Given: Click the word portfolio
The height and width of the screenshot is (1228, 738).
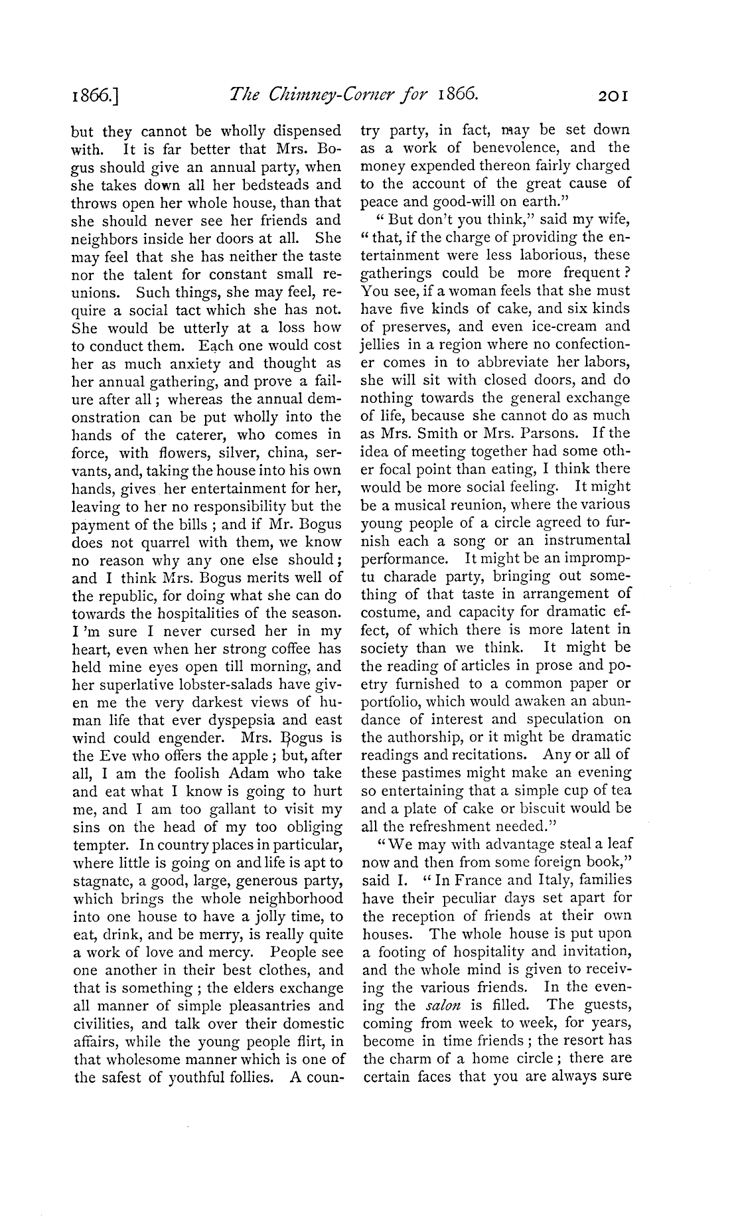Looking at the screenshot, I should coord(395,702).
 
